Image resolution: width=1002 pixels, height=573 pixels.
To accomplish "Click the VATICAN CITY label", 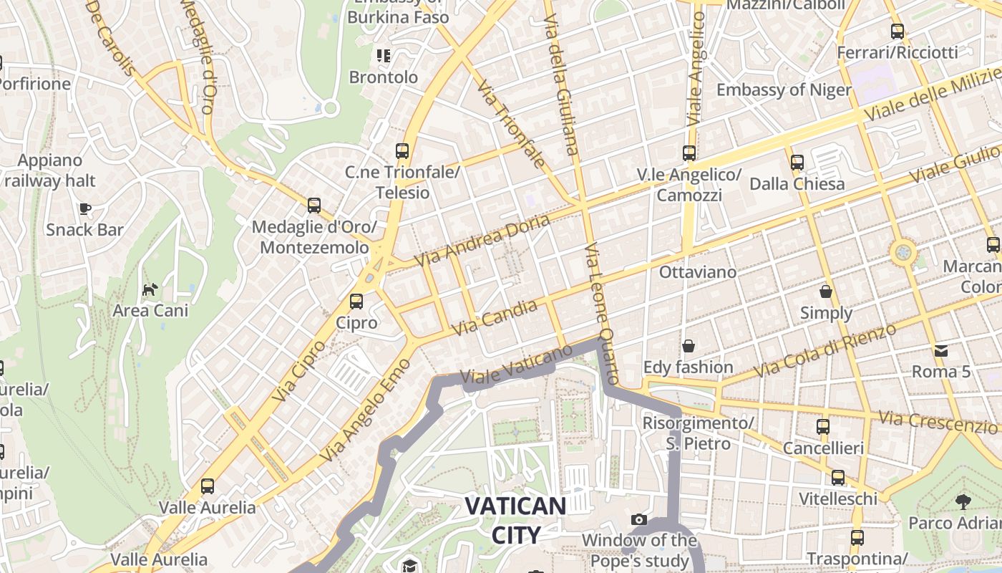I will click(515, 520).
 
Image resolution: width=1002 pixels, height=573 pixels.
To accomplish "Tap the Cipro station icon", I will click(356, 302).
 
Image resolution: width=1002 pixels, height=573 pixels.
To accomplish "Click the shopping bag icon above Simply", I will click(826, 292).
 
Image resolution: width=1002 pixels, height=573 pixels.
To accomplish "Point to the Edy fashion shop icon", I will click(689, 346).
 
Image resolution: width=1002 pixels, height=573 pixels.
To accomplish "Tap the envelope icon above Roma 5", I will click(940, 350).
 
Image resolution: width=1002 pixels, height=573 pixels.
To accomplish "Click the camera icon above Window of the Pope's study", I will click(639, 519).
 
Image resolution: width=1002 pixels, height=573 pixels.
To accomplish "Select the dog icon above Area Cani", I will click(150, 289).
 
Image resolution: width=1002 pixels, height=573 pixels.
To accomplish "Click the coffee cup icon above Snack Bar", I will click(84, 208).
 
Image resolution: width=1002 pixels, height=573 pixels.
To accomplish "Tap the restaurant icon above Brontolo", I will click(384, 55).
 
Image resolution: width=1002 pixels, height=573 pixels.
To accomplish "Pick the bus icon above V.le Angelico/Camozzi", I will click(689, 153).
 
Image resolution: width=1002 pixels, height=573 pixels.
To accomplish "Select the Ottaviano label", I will click(697, 272).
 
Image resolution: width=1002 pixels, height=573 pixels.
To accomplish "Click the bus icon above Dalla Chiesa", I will click(797, 163).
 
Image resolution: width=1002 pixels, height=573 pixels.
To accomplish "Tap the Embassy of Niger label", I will click(784, 90).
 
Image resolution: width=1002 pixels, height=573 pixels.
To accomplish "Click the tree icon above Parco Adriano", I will click(963, 501).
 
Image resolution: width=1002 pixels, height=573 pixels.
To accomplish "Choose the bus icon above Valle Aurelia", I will click(208, 486).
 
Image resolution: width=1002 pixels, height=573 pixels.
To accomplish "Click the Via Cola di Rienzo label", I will click(825, 351).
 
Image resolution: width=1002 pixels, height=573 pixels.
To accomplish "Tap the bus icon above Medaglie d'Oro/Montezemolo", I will click(314, 206).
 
